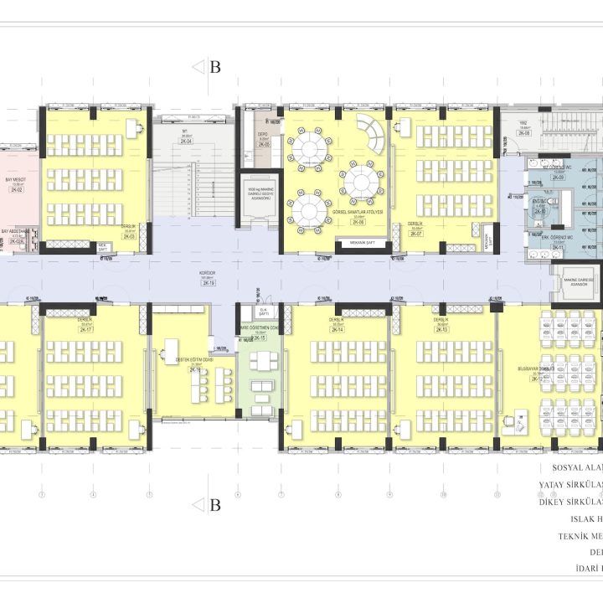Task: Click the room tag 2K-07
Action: click(x=415, y=234)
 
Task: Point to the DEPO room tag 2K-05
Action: click(x=263, y=144)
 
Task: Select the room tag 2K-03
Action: click(x=129, y=237)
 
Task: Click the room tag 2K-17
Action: click(x=85, y=330)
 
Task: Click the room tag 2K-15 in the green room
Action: click(x=260, y=338)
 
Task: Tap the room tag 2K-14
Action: click(x=338, y=330)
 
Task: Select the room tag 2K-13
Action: click(x=441, y=330)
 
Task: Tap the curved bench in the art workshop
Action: click(x=370, y=134)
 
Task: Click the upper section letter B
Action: click(x=214, y=68)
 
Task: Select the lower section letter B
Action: click(x=214, y=505)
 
